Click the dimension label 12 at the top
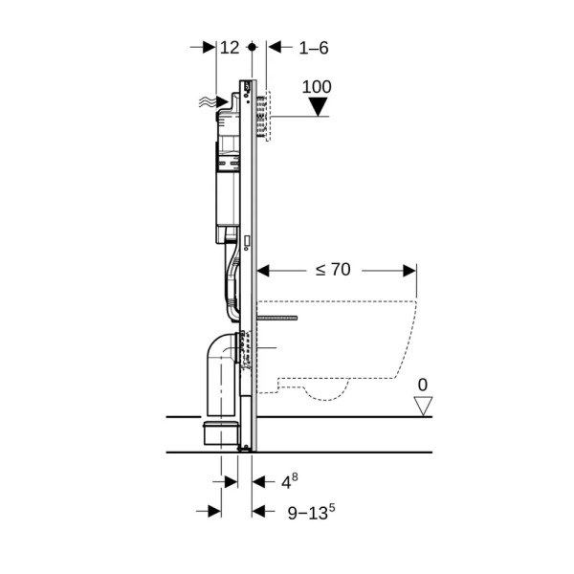click(230, 48)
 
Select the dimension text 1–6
click(314, 48)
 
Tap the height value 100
click(317, 87)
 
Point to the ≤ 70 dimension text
click(333, 270)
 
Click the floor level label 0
click(423, 386)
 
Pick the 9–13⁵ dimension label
click(311, 512)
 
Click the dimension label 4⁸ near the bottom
click(289, 481)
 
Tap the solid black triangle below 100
click(319, 106)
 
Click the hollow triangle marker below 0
click(423, 406)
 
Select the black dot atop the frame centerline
click(252, 47)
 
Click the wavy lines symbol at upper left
click(207, 102)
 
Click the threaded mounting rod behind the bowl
click(277, 318)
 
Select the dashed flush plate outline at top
click(268, 116)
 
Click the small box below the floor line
click(221, 433)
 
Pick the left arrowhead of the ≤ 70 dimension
click(263, 271)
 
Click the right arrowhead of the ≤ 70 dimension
click(409, 271)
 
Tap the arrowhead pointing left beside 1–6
click(275, 47)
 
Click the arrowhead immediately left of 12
click(210, 47)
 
